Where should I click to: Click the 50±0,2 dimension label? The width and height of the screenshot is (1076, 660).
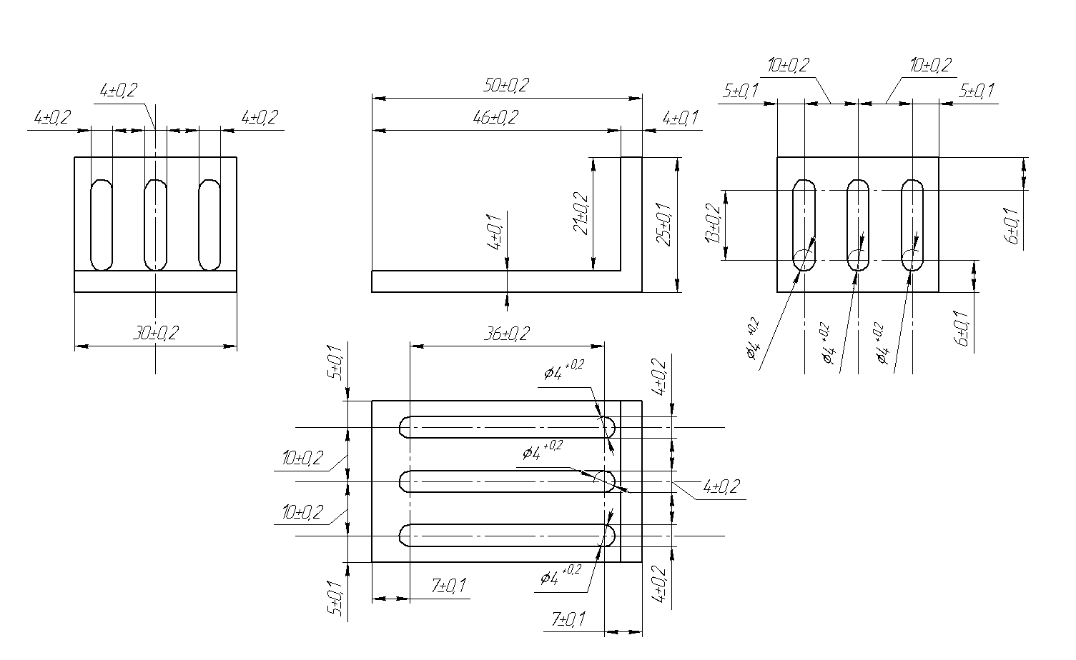pyautogui.click(x=505, y=85)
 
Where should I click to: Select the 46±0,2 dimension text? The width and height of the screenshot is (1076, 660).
pyautogui.click(x=495, y=117)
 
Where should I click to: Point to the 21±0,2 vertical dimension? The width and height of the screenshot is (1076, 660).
pyautogui.click(x=581, y=213)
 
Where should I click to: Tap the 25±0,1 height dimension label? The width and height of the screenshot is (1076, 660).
pyautogui.click(x=664, y=224)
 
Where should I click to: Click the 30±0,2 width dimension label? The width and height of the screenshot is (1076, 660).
pyautogui.click(x=156, y=333)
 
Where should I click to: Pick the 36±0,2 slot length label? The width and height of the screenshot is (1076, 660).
pyautogui.click(x=506, y=333)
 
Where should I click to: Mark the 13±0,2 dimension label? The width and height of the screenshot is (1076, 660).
pyautogui.click(x=713, y=223)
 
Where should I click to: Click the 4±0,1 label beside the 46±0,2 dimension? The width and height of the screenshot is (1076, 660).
pyautogui.click(x=680, y=118)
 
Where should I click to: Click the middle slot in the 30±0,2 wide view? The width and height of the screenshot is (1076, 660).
pyautogui.click(x=156, y=224)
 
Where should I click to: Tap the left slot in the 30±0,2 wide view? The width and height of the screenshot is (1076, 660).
pyautogui.click(x=102, y=224)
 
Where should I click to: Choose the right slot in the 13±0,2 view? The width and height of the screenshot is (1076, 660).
pyautogui.click(x=912, y=224)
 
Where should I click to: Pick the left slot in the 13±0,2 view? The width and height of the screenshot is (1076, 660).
pyautogui.click(x=804, y=224)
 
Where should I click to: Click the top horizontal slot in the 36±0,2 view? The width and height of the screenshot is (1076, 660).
pyautogui.click(x=507, y=427)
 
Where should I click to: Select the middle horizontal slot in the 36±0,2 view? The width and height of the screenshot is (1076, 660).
pyautogui.click(x=507, y=481)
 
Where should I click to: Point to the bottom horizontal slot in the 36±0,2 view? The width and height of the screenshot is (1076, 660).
pyautogui.click(x=507, y=535)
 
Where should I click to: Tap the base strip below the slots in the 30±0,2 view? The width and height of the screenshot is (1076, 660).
pyautogui.click(x=156, y=281)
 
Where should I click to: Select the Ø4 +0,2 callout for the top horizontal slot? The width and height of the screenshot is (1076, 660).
pyautogui.click(x=564, y=370)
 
